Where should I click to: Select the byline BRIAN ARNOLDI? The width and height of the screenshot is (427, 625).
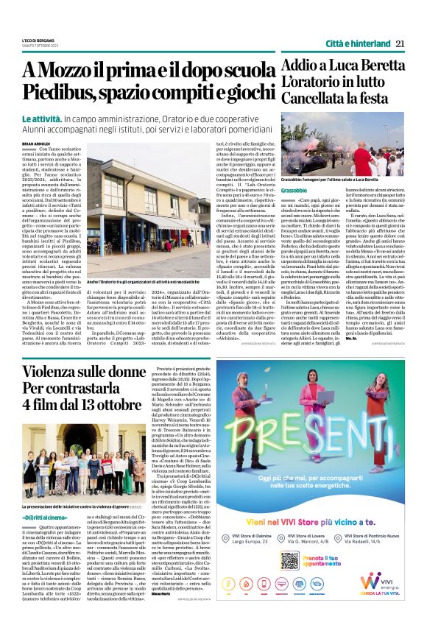(x=38, y=144)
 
